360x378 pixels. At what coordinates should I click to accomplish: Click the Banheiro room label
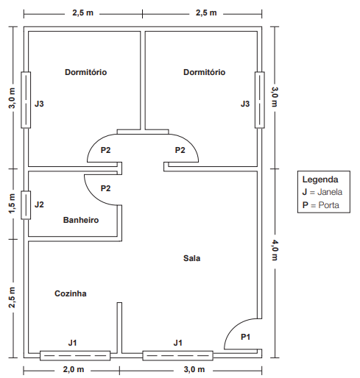(x=81, y=220)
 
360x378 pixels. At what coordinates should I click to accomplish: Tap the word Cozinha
(x=71, y=293)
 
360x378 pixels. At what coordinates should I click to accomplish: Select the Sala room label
(x=191, y=258)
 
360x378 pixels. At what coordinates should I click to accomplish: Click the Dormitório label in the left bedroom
(x=86, y=72)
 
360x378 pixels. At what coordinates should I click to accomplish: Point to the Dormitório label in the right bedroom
(x=204, y=72)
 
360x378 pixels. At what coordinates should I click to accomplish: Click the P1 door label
(x=246, y=337)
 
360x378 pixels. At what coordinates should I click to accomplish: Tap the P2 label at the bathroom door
(x=105, y=188)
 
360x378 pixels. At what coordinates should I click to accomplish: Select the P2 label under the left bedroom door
(x=105, y=150)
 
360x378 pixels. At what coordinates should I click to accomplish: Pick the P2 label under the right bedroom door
(x=180, y=150)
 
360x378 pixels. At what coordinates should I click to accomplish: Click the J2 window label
(x=40, y=204)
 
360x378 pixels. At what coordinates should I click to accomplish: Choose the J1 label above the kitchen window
(x=72, y=342)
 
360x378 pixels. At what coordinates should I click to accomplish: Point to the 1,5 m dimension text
(x=11, y=204)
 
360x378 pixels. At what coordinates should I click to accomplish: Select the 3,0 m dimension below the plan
(x=195, y=368)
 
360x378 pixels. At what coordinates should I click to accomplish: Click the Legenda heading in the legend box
(x=320, y=179)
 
